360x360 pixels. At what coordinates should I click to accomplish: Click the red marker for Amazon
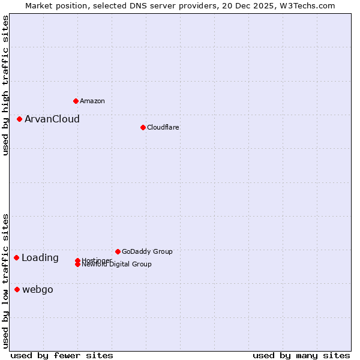coord(76,101)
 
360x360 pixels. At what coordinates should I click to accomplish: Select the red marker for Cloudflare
coord(143,127)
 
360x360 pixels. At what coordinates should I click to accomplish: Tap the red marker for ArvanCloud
coord(19,119)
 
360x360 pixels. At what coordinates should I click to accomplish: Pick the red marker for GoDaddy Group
coord(118,251)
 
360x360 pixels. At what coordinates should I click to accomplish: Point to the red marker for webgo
coord(17,289)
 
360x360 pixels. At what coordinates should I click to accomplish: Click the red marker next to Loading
coord(16,257)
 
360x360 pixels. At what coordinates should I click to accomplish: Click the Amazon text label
coord(92,101)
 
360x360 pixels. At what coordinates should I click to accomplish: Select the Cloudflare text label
coord(163,127)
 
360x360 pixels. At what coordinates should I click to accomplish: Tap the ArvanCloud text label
coord(52,119)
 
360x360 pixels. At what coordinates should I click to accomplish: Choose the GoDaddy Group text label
coord(146,251)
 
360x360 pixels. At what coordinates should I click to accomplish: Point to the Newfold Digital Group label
coord(116,264)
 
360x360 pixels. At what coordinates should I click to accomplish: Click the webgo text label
coord(37,289)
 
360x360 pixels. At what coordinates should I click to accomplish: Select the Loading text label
coord(40,257)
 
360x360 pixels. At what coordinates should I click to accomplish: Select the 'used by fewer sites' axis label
coord(62,355)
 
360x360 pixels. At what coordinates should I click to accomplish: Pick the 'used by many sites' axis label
coord(301,355)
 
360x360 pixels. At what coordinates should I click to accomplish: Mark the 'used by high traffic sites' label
coord(5,85)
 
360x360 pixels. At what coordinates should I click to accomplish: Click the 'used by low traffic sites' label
coord(5,281)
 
